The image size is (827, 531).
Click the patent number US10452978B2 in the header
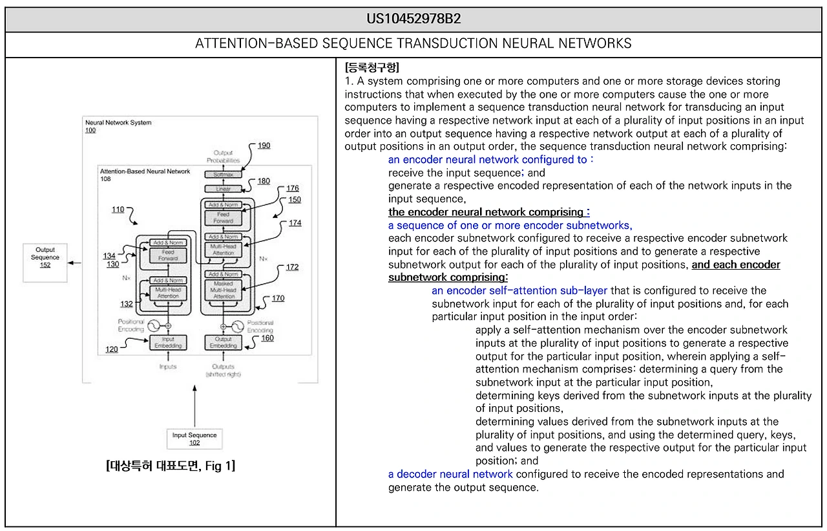tap(413, 19)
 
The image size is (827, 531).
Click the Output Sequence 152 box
tap(45, 262)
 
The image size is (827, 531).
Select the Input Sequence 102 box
tap(194, 439)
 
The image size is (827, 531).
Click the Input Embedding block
tap(168, 342)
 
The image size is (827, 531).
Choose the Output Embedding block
tap(223, 342)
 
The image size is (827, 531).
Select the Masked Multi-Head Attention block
tap(224, 289)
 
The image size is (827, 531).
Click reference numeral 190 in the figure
tap(264, 146)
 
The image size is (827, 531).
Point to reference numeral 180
tap(264, 181)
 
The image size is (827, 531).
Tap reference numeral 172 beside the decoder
tap(292, 266)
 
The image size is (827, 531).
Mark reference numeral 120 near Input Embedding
tap(112, 349)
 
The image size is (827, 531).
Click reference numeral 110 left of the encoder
tap(118, 210)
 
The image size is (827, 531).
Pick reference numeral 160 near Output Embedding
tap(267, 338)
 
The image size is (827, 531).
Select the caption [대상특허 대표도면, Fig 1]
tap(170, 466)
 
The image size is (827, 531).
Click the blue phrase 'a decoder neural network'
tap(450, 474)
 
